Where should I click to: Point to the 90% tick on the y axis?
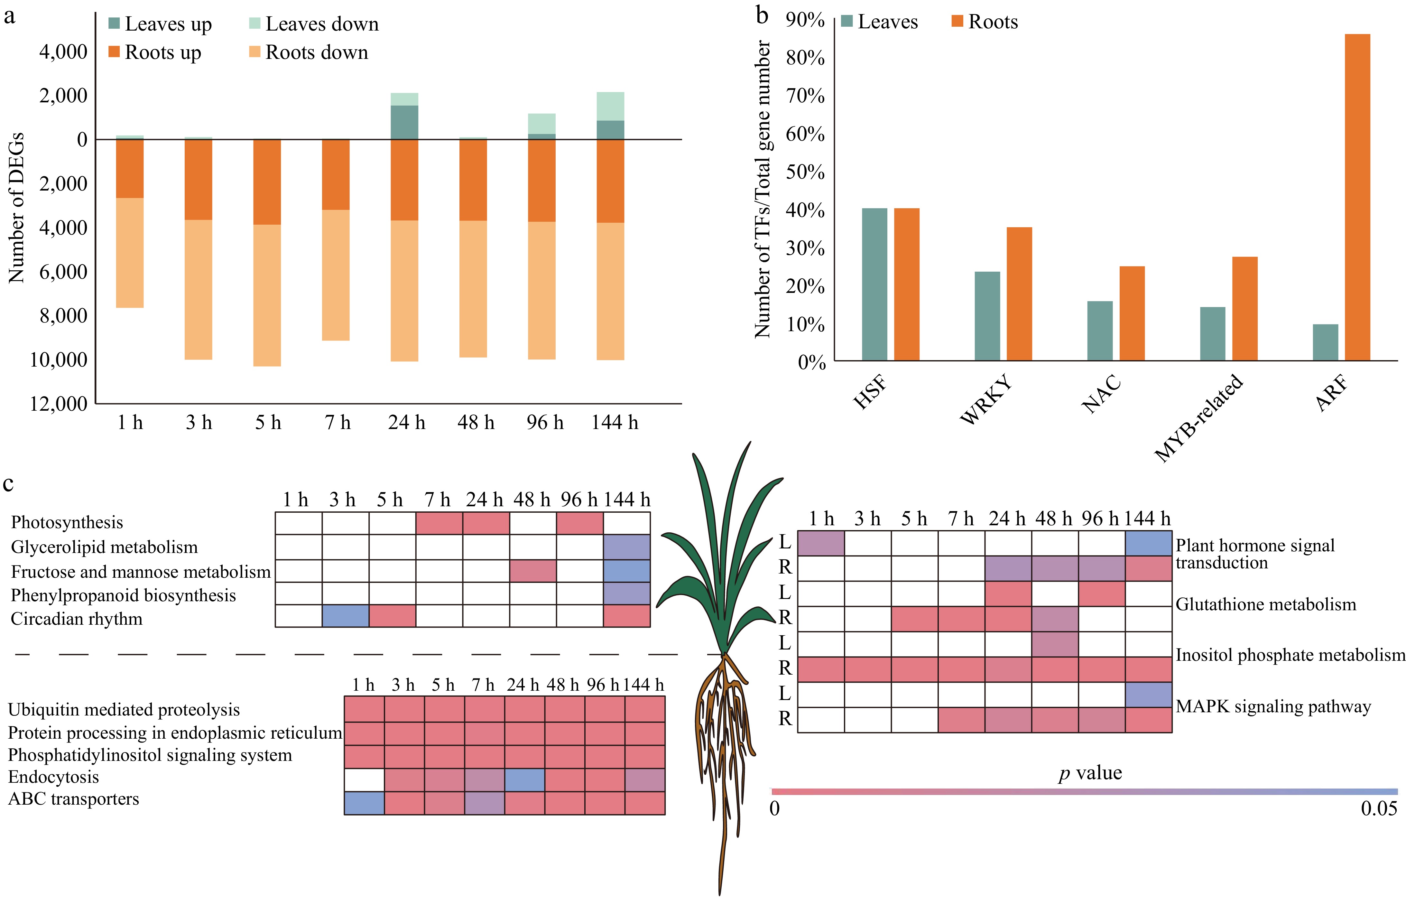805,21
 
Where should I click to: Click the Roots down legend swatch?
254,52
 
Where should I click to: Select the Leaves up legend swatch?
114,23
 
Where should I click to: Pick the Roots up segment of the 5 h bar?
267,182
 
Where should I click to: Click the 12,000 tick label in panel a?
58,404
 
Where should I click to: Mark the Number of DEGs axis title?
16,207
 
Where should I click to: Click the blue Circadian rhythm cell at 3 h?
345,615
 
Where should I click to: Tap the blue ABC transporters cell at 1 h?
364,803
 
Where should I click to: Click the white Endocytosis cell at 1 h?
364,780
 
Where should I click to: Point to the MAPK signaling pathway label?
1273,706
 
